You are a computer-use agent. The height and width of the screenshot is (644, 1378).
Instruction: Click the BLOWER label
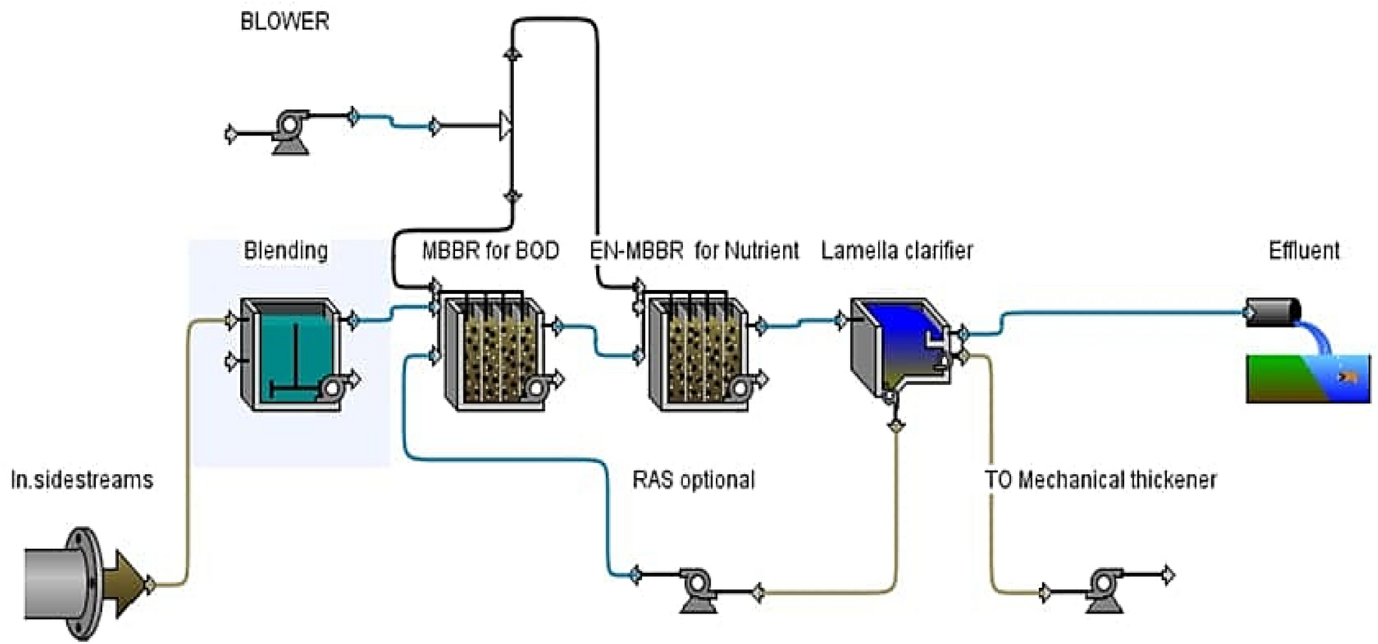284,21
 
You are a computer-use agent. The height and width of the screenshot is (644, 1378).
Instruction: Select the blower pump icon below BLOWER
291,130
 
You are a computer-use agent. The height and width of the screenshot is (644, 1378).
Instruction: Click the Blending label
285,250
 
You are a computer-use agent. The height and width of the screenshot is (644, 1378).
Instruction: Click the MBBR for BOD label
490,250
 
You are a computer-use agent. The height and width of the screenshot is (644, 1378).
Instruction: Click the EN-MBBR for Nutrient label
694,250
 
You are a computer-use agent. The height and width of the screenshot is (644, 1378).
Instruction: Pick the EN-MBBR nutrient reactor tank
699,352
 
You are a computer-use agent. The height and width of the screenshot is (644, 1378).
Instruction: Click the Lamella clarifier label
897,250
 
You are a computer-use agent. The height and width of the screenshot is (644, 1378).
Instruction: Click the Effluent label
1303,250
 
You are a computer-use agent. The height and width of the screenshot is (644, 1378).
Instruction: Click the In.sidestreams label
82,479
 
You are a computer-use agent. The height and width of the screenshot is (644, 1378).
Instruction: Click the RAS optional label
693,479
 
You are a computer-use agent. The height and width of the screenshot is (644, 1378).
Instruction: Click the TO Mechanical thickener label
1100,479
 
